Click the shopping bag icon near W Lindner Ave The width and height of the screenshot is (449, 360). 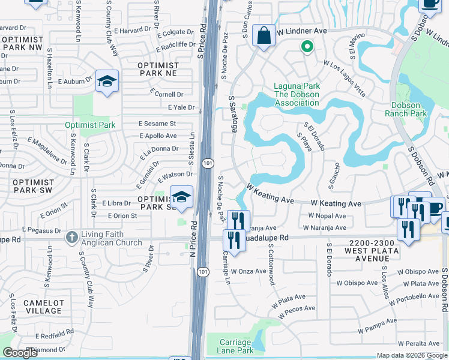[x=264, y=35]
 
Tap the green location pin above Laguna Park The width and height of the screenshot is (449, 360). [x=307, y=46]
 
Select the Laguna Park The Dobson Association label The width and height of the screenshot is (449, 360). [x=297, y=94]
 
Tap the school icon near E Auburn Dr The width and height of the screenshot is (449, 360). [x=107, y=82]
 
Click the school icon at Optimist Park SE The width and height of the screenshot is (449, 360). [x=181, y=196]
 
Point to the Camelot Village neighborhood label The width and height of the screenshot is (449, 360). [x=43, y=307]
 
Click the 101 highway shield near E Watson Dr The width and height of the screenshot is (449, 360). [x=208, y=163]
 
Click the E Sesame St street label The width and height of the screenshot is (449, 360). [x=157, y=123]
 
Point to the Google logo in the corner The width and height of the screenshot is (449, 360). [x=20, y=353]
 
